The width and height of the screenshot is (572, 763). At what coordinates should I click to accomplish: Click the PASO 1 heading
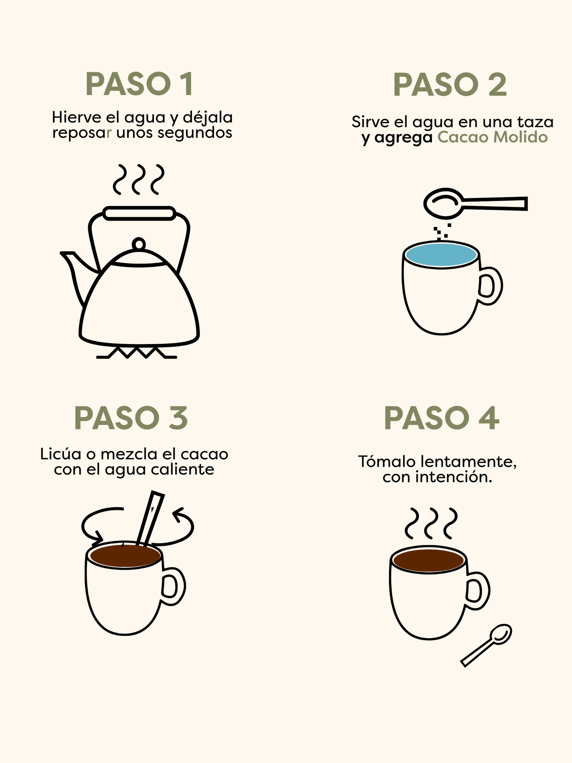click(139, 84)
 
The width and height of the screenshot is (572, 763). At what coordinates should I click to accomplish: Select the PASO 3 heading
click(131, 418)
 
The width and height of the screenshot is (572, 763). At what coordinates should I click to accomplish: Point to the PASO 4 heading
click(441, 418)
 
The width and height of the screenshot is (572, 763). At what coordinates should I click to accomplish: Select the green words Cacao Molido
click(492, 137)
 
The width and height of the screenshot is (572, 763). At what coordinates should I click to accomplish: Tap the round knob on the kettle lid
click(139, 243)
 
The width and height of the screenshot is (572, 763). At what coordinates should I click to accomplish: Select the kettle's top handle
click(139, 213)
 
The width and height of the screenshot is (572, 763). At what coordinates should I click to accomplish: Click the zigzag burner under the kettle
click(137, 352)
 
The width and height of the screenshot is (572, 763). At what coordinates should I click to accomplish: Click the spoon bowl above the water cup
click(443, 203)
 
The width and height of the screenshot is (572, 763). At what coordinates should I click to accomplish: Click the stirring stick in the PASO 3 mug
click(150, 518)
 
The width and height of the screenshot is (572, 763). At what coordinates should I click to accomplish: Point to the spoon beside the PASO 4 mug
click(486, 645)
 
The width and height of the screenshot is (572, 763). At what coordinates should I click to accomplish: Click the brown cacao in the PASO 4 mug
click(429, 561)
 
